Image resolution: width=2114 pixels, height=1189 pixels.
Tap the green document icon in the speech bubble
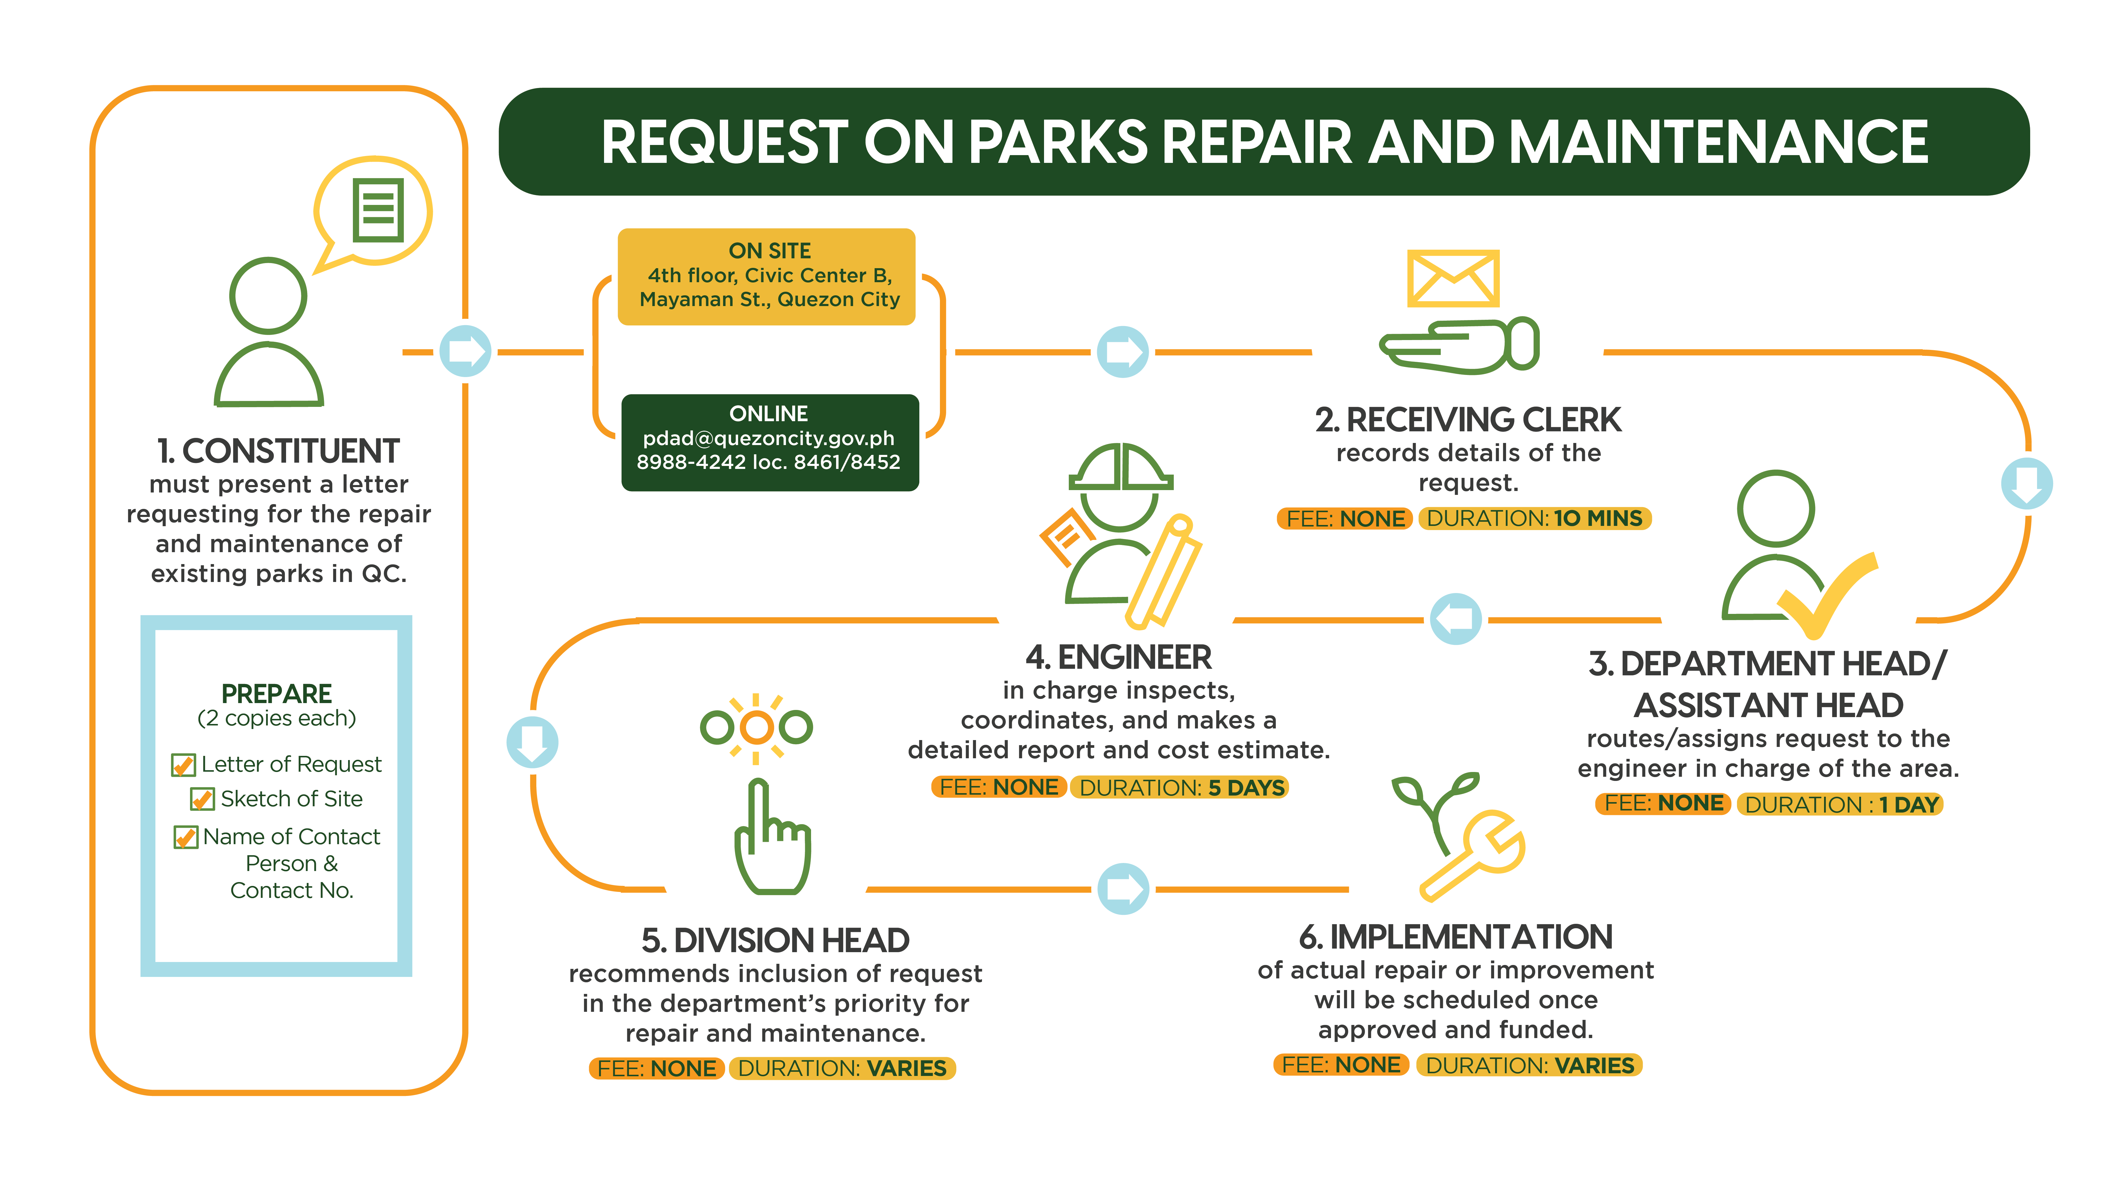[378, 210]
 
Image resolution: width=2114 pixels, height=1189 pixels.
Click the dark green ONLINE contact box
[770, 442]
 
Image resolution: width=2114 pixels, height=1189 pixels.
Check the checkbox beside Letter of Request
[183, 765]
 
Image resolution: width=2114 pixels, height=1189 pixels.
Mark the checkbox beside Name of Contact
[186, 837]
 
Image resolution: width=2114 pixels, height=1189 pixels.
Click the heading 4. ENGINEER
[1118, 657]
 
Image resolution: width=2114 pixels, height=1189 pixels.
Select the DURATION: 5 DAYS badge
[1180, 788]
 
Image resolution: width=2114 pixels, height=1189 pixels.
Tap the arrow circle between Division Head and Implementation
[1123, 889]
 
